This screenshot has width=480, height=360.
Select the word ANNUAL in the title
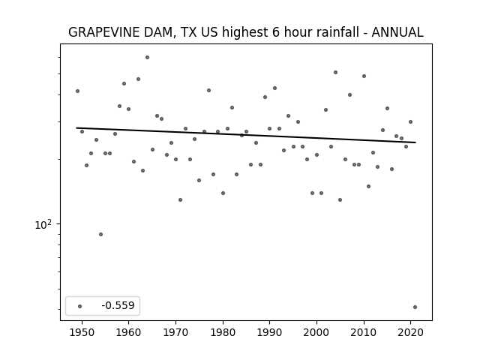(x=397, y=32)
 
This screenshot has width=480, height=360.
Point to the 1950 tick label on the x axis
(x=82, y=332)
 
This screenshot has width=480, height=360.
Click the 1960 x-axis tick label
(x=128, y=332)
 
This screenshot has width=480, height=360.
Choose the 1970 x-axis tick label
(x=175, y=332)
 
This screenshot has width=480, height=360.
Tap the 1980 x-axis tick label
(x=223, y=332)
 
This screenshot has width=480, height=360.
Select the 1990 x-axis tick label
(x=270, y=332)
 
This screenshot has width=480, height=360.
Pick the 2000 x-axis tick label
(x=316, y=332)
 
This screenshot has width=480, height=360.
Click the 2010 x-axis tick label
(x=364, y=332)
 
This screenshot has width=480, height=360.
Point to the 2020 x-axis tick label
(x=411, y=332)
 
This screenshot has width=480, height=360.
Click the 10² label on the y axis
(x=43, y=224)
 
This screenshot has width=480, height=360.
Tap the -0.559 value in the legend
(x=118, y=305)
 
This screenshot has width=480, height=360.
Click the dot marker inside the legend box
(x=80, y=306)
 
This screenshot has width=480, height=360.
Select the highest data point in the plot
(x=147, y=57)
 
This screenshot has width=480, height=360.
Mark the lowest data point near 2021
(x=415, y=307)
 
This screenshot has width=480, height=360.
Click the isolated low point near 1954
(x=100, y=235)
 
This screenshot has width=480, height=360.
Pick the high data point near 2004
(x=335, y=72)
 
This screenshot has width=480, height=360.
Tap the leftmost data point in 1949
(x=77, y=91)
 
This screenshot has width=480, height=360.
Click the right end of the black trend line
(x=415, y=142)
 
